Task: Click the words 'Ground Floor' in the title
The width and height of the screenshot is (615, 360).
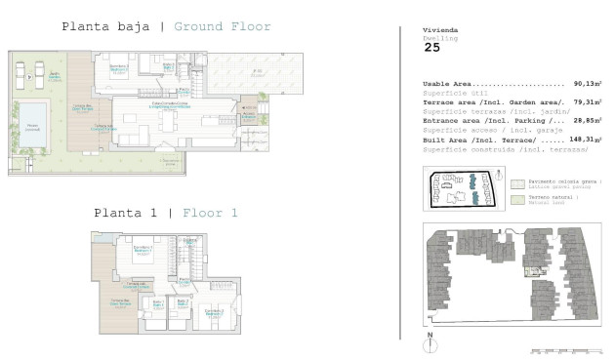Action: (223, 26)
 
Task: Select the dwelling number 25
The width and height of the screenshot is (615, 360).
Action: (431, 47)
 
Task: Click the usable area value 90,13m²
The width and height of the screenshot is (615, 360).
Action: (588, 84)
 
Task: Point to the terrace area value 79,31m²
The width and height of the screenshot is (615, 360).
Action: (588, 102)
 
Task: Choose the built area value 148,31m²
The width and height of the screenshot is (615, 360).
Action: (586, 140)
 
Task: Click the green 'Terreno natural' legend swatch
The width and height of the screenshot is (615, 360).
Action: (517, 199)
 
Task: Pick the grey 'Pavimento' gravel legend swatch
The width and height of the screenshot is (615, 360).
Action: (517, 183)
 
